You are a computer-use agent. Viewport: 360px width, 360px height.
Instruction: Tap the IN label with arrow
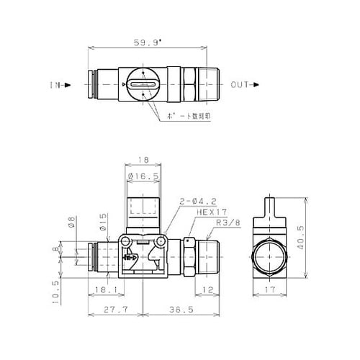[59, 85]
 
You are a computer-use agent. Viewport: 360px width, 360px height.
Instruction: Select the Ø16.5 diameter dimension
[143, 176]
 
